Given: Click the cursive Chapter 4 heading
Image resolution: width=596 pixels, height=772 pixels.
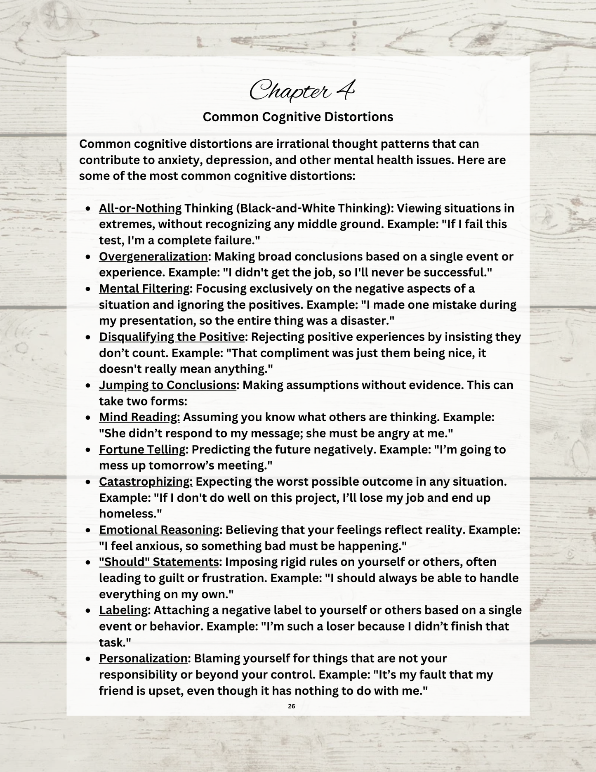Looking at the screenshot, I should [302, 90].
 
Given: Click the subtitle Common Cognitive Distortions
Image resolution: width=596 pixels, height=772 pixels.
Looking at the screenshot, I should [298, 117].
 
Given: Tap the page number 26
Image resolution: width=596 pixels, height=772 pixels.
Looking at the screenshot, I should [292, 706].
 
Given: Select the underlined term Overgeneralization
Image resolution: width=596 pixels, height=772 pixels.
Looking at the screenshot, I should [153, 257].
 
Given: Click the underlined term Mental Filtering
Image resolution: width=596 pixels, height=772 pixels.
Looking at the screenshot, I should [144, 289].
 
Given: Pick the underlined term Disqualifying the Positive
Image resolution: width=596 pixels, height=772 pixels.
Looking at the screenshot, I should [172, 337].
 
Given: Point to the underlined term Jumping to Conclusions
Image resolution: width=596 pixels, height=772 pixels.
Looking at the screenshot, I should [167, 385].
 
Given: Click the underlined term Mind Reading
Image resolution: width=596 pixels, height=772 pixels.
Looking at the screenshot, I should [139, 417].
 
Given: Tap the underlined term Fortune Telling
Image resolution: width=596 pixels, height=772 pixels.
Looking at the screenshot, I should [142, 449].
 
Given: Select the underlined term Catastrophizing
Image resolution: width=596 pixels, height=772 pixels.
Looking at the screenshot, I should [146, 482].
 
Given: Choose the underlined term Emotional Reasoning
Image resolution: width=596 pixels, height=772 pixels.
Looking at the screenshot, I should [159, 530].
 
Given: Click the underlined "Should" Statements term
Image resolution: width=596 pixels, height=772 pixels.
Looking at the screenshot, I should [158, 562].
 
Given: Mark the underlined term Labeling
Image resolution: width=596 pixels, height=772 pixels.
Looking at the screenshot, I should [123, 610].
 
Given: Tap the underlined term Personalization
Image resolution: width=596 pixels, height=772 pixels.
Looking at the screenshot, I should [143, 659].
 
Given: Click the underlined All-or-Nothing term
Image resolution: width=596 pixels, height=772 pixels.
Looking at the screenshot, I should [140, 208].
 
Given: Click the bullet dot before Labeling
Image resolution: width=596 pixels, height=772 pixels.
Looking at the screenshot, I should [88, 611].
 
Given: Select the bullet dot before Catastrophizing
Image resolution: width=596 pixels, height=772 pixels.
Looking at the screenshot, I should [88, 482].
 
